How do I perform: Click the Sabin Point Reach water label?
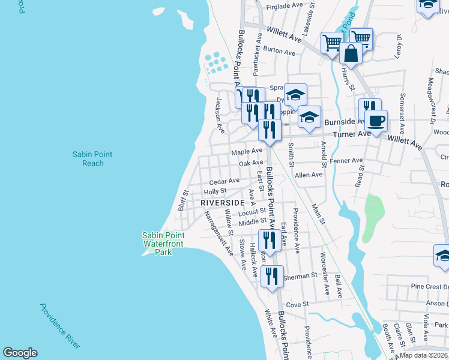pyautogui.click(x=92, y=159)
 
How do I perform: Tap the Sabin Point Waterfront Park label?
pyautogui.click(x=163, y=244)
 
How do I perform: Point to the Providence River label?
pyautogui.click(x=59, y=326)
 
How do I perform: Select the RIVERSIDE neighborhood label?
pyautogui.click(x=223, y=203)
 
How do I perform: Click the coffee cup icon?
pyautogui.click(x=376, y=121)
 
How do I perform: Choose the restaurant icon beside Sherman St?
pyautogui.click(x=272, y=277)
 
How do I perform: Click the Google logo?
pyautogui.click(x=20, y=353)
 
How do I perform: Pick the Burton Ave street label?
pyautogui.click(x=279, y=52)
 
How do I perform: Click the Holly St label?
pyautogui.click(x=214, y=191)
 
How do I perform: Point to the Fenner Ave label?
pyautogui.click(x=348, y=161)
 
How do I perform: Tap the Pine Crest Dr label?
pyautogui.click(x=427, y=287)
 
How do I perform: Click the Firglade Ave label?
pyautogui.click(x=285, y=5)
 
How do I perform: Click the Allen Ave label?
pyautogui.click(x=309, y=175)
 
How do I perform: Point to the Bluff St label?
pyautogui.click(x=183, y=201)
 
